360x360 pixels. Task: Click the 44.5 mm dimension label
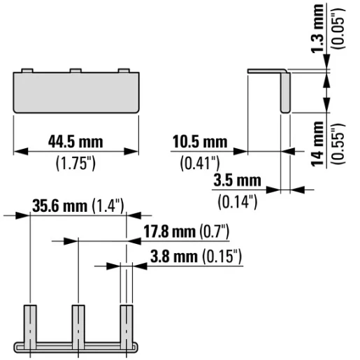(x=75, y=143)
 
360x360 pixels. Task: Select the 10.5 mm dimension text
(x=200, y=143)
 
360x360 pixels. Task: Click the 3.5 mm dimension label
(x=237, y=181)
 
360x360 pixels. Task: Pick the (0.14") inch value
(x=238, y=202)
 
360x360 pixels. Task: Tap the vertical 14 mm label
(x=319, y=143)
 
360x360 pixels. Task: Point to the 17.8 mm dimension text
(x=168, y=231)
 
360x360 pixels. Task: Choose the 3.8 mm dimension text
(x=174, y=257)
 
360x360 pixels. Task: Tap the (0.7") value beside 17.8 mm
(x=215, y=231)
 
